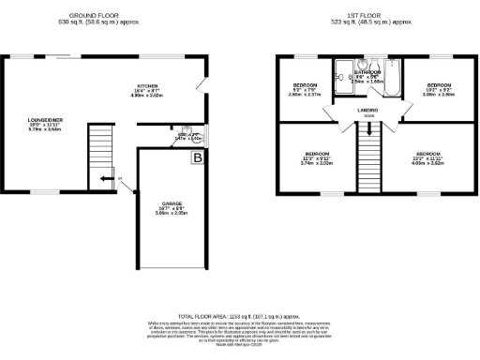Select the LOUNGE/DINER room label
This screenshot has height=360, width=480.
pos(44,120)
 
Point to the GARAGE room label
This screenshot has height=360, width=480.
pos(171,205)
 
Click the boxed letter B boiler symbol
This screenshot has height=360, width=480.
pos(198,160)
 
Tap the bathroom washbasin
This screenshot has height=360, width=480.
pos(361,65)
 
